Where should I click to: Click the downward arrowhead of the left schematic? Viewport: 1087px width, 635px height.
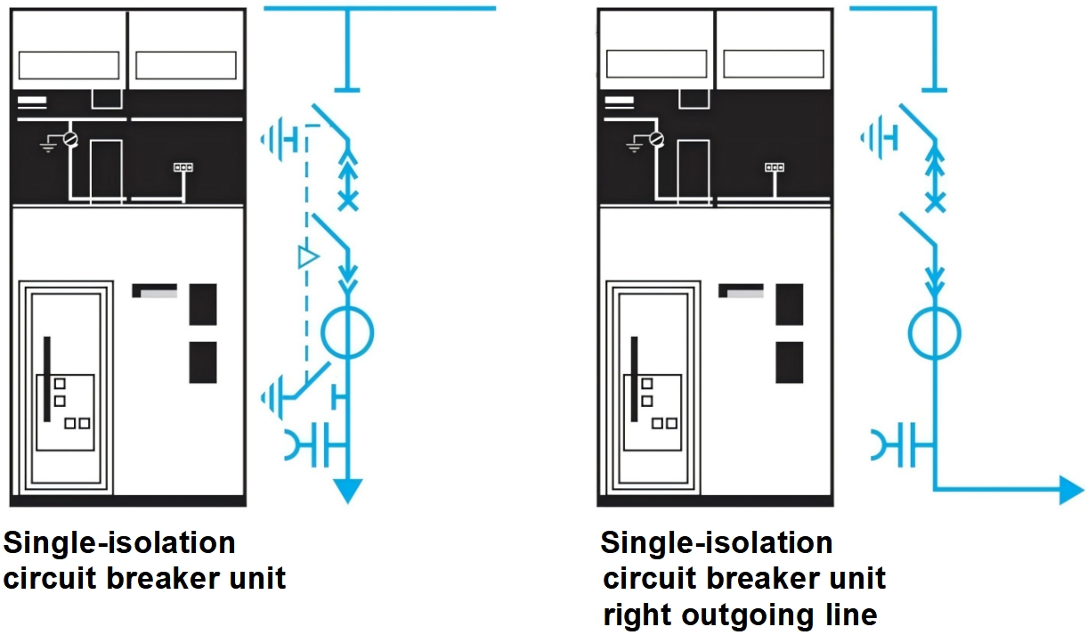[348, 490]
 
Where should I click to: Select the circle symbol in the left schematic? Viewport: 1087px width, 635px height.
[347, 332]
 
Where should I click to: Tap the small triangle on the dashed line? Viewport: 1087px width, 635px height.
[307, 258]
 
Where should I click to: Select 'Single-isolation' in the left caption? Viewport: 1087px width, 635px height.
[119, 541]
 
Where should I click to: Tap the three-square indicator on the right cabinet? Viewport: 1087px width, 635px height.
[774, 167]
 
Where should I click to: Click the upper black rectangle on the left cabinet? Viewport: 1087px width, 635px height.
[203, 304]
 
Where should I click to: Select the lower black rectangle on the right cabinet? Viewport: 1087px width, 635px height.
[789, 362]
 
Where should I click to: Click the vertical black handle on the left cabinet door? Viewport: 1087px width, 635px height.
[47, 379]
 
